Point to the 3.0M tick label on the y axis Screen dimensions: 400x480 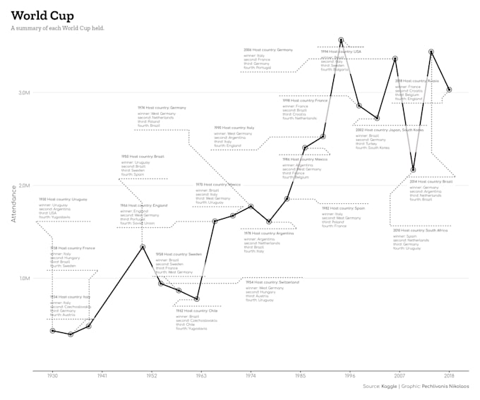[24, 92]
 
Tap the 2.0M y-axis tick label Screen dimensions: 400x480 [24, 186]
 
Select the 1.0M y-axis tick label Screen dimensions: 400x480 [24, 278]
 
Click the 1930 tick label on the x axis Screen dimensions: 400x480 [52, 376]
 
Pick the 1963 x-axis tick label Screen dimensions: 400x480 [201, 376]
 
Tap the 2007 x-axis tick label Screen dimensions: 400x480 [400, 376]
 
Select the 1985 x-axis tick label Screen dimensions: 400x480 [300, 376]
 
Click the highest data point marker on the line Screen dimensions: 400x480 [341, 40]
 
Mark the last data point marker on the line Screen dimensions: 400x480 [449, 90]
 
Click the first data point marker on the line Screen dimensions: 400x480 [52, 330]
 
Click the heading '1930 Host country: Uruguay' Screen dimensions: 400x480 [63, 200]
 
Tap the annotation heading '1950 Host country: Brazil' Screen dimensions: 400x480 [143, 157]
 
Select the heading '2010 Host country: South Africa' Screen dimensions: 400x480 [420, 231]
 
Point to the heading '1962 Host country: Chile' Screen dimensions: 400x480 [196, 311]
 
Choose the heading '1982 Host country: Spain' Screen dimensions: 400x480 [343, 208]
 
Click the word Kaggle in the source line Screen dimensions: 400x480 [390, 387]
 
